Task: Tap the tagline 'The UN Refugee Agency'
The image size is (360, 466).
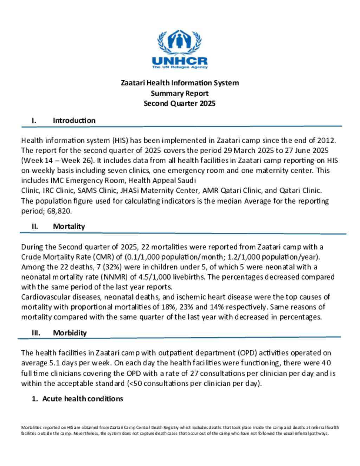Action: click(180, 67)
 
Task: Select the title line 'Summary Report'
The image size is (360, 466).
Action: click(180, 93)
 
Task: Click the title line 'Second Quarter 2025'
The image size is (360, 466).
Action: click(180, 103)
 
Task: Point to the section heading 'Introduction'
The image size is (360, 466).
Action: click(74, 120)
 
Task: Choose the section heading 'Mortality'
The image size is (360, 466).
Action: click(69, 226)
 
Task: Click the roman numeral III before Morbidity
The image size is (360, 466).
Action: click(36, 333)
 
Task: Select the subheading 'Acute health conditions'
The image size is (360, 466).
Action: click(83, 398)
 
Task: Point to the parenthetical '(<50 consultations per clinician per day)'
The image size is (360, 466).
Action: click(194, 383)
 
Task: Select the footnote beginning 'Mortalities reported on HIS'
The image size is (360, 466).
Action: click(180, 430)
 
